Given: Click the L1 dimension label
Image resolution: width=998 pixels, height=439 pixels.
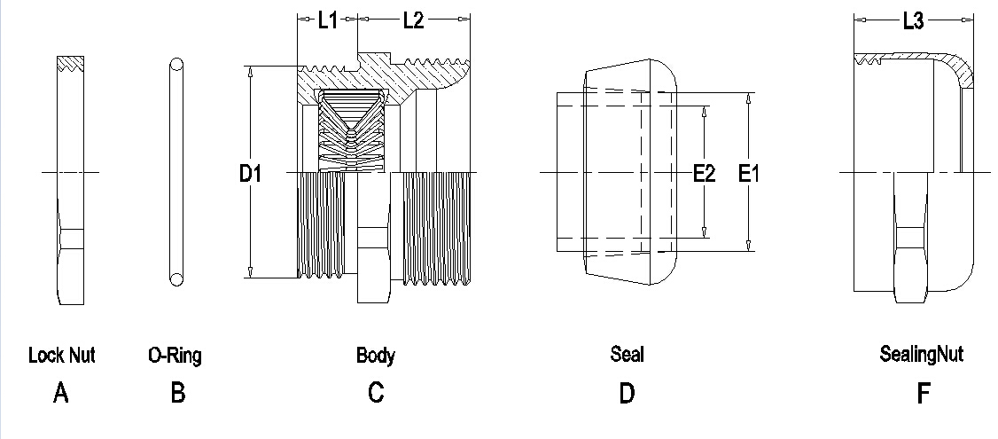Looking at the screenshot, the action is pyautogui.click(x=328, y=20).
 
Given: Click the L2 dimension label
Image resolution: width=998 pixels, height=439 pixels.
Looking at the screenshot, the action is pyautogui.click(x=413, y=20).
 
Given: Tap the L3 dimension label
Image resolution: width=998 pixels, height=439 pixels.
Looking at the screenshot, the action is pyautogui.click(x=913, y=21).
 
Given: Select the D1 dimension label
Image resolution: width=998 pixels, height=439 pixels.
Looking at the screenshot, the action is pyautogui.click(x=250, y=173).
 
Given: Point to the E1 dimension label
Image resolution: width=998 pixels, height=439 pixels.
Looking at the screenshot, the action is pyautogui.click(x=749, y=173).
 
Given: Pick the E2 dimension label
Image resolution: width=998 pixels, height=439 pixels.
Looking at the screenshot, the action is pyautogui.click(x=705, y=173).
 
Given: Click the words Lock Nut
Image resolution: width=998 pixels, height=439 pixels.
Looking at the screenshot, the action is pyautogui.click(x=62, y=355).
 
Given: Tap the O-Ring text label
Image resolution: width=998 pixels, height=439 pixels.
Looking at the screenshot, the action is pyautogui.click(x=175, y=355).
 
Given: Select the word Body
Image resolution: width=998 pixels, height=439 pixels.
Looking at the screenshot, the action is pyautogui.click(x=376, y=356).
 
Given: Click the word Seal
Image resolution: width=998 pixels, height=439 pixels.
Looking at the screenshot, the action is pyautogui.click(x=627, y=354).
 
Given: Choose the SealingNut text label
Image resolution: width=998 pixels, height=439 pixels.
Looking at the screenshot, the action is pyautogui.click(x=922, y=354).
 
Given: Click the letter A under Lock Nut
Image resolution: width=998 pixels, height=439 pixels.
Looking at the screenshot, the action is pyautogui.click(x=60, y=393).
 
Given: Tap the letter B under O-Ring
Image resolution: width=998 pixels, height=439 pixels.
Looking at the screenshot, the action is pyautogui.click(x=178, y=393).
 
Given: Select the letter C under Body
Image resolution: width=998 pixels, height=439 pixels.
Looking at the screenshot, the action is pyautogui.click(x=376, y=393).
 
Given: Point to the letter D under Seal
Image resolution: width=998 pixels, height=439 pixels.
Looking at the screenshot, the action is pyautogui.click(x=627, y=393).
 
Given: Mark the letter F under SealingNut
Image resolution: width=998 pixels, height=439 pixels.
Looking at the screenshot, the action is pyautogui.click(x=923, y=393).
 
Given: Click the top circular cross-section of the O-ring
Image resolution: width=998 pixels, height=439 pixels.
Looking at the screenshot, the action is pyautogui.click(x=176, y=65).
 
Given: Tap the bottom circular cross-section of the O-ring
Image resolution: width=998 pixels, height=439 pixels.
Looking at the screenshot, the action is pyautogui.click(x=176, y=278).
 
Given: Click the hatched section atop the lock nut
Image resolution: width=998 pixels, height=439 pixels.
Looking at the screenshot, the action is pyautogui.click(x=71, y=63).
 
